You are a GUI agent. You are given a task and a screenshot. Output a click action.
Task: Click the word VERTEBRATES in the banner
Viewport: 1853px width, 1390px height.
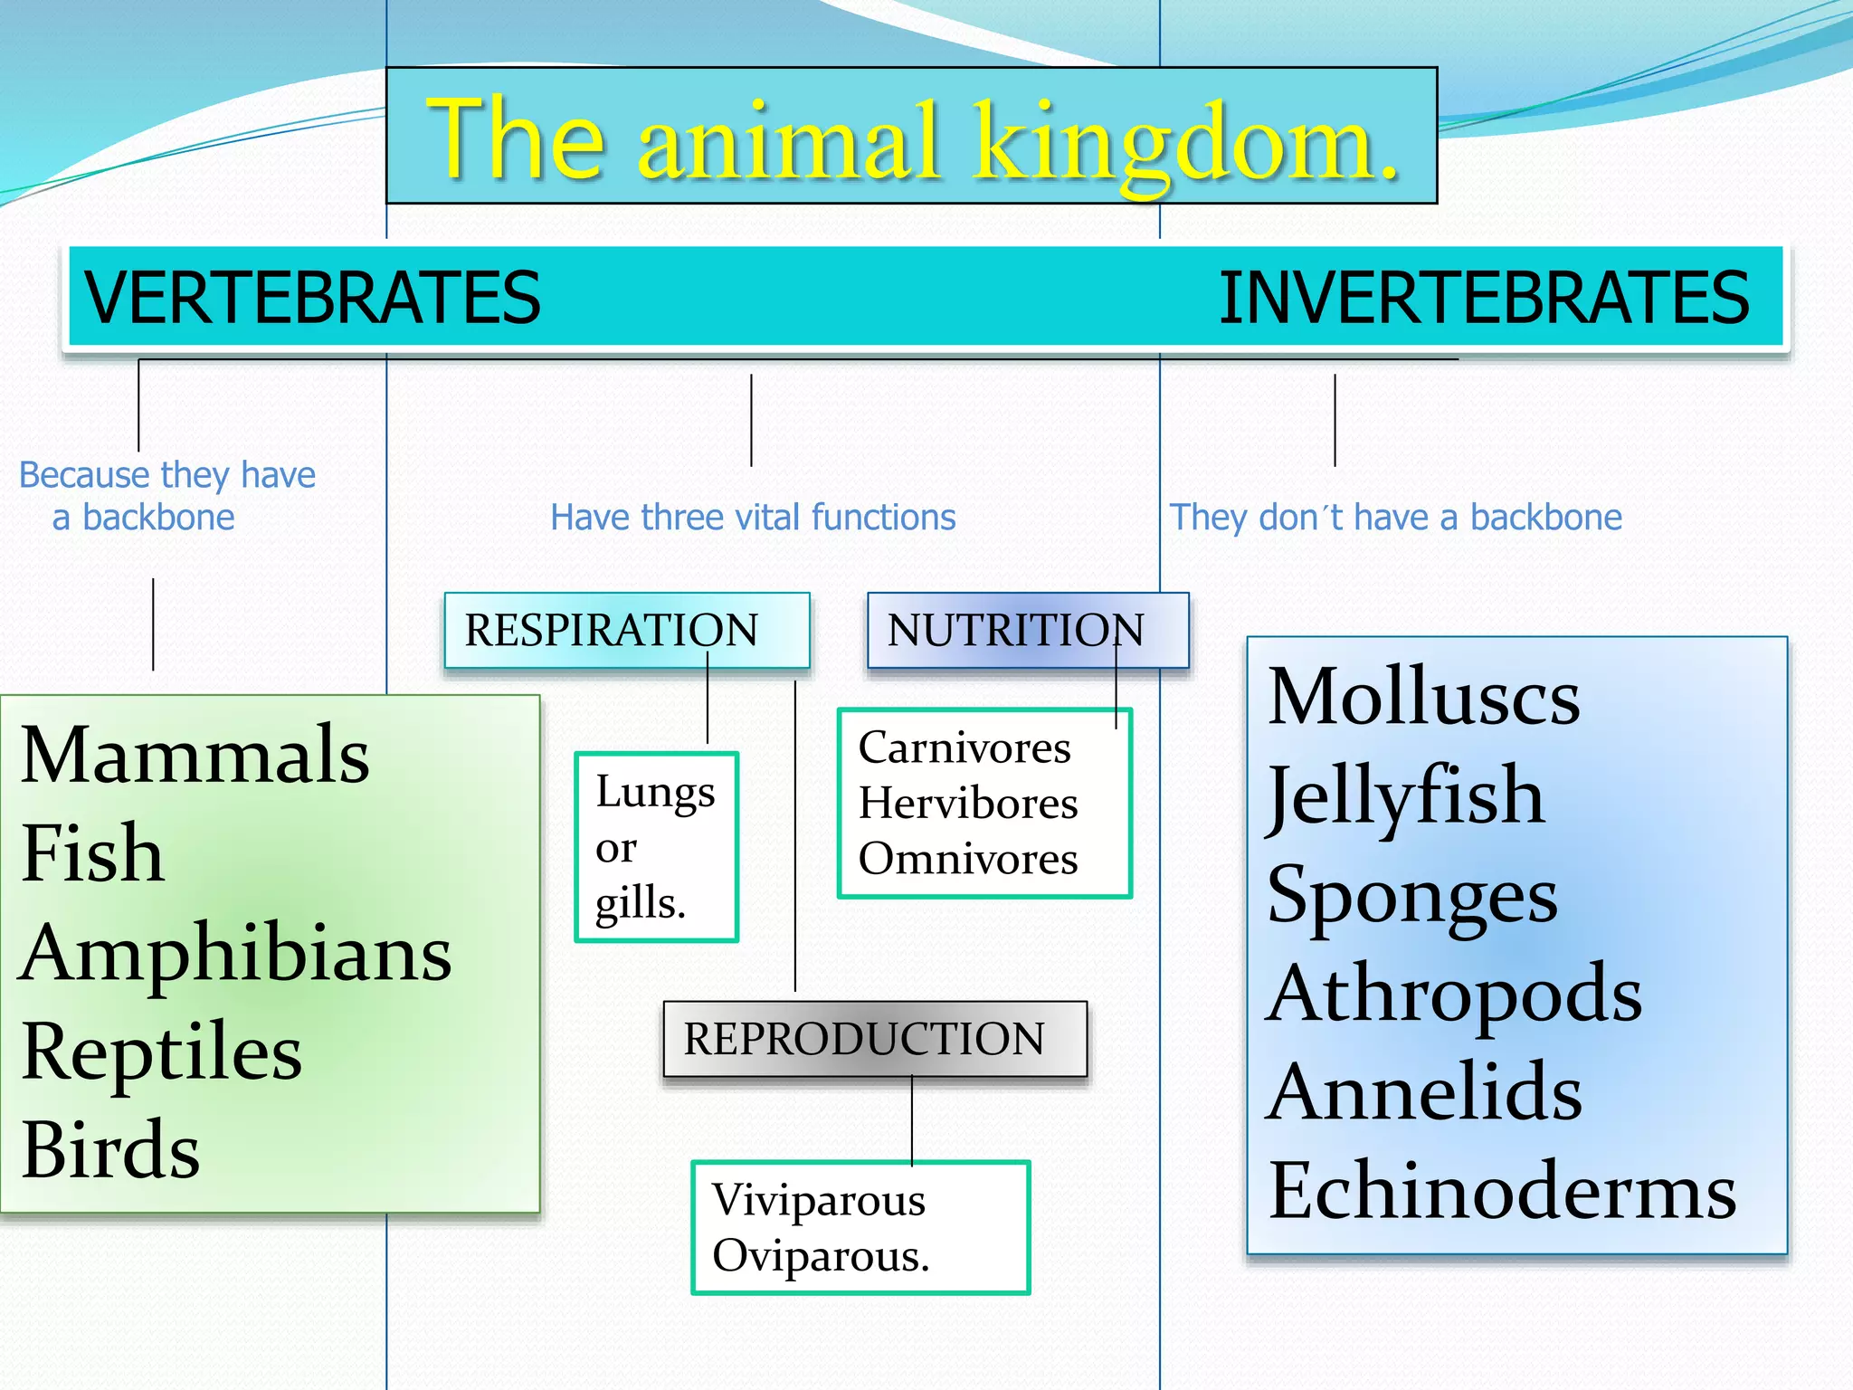[312, 298]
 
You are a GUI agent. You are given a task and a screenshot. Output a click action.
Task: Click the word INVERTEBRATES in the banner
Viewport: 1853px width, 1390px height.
[1484, 298]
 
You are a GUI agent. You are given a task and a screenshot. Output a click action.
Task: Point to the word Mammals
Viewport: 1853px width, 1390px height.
[195, 756]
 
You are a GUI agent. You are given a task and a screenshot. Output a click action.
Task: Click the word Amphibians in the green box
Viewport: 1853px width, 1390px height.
[235, 954]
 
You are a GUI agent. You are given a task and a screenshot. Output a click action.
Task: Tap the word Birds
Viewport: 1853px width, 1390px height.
[110, 1151]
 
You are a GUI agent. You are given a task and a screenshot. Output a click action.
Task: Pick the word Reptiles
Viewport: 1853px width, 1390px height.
[161, 1052]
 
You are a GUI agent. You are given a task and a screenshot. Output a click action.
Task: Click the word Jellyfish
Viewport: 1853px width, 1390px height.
[1405, 796]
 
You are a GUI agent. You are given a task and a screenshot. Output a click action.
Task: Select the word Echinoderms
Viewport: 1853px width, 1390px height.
[1502, 1191]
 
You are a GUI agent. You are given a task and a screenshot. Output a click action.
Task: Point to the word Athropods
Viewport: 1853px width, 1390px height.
[1454, 994]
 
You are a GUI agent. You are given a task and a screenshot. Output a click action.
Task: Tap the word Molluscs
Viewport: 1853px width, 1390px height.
[1423, 697]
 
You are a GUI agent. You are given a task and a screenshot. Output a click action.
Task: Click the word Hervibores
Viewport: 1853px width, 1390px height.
[968, 803]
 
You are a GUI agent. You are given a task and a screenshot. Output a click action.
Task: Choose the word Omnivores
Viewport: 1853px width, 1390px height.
[968, 859]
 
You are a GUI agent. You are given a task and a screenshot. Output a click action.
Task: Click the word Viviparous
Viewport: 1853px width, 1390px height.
[819, 1201]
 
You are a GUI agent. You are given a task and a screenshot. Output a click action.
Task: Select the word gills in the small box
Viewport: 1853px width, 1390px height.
[637, 903]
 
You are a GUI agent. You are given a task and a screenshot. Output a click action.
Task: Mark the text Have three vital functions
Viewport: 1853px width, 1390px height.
[753, 518]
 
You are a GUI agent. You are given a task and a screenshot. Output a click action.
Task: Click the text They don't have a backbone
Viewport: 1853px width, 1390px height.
[1396, 518]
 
